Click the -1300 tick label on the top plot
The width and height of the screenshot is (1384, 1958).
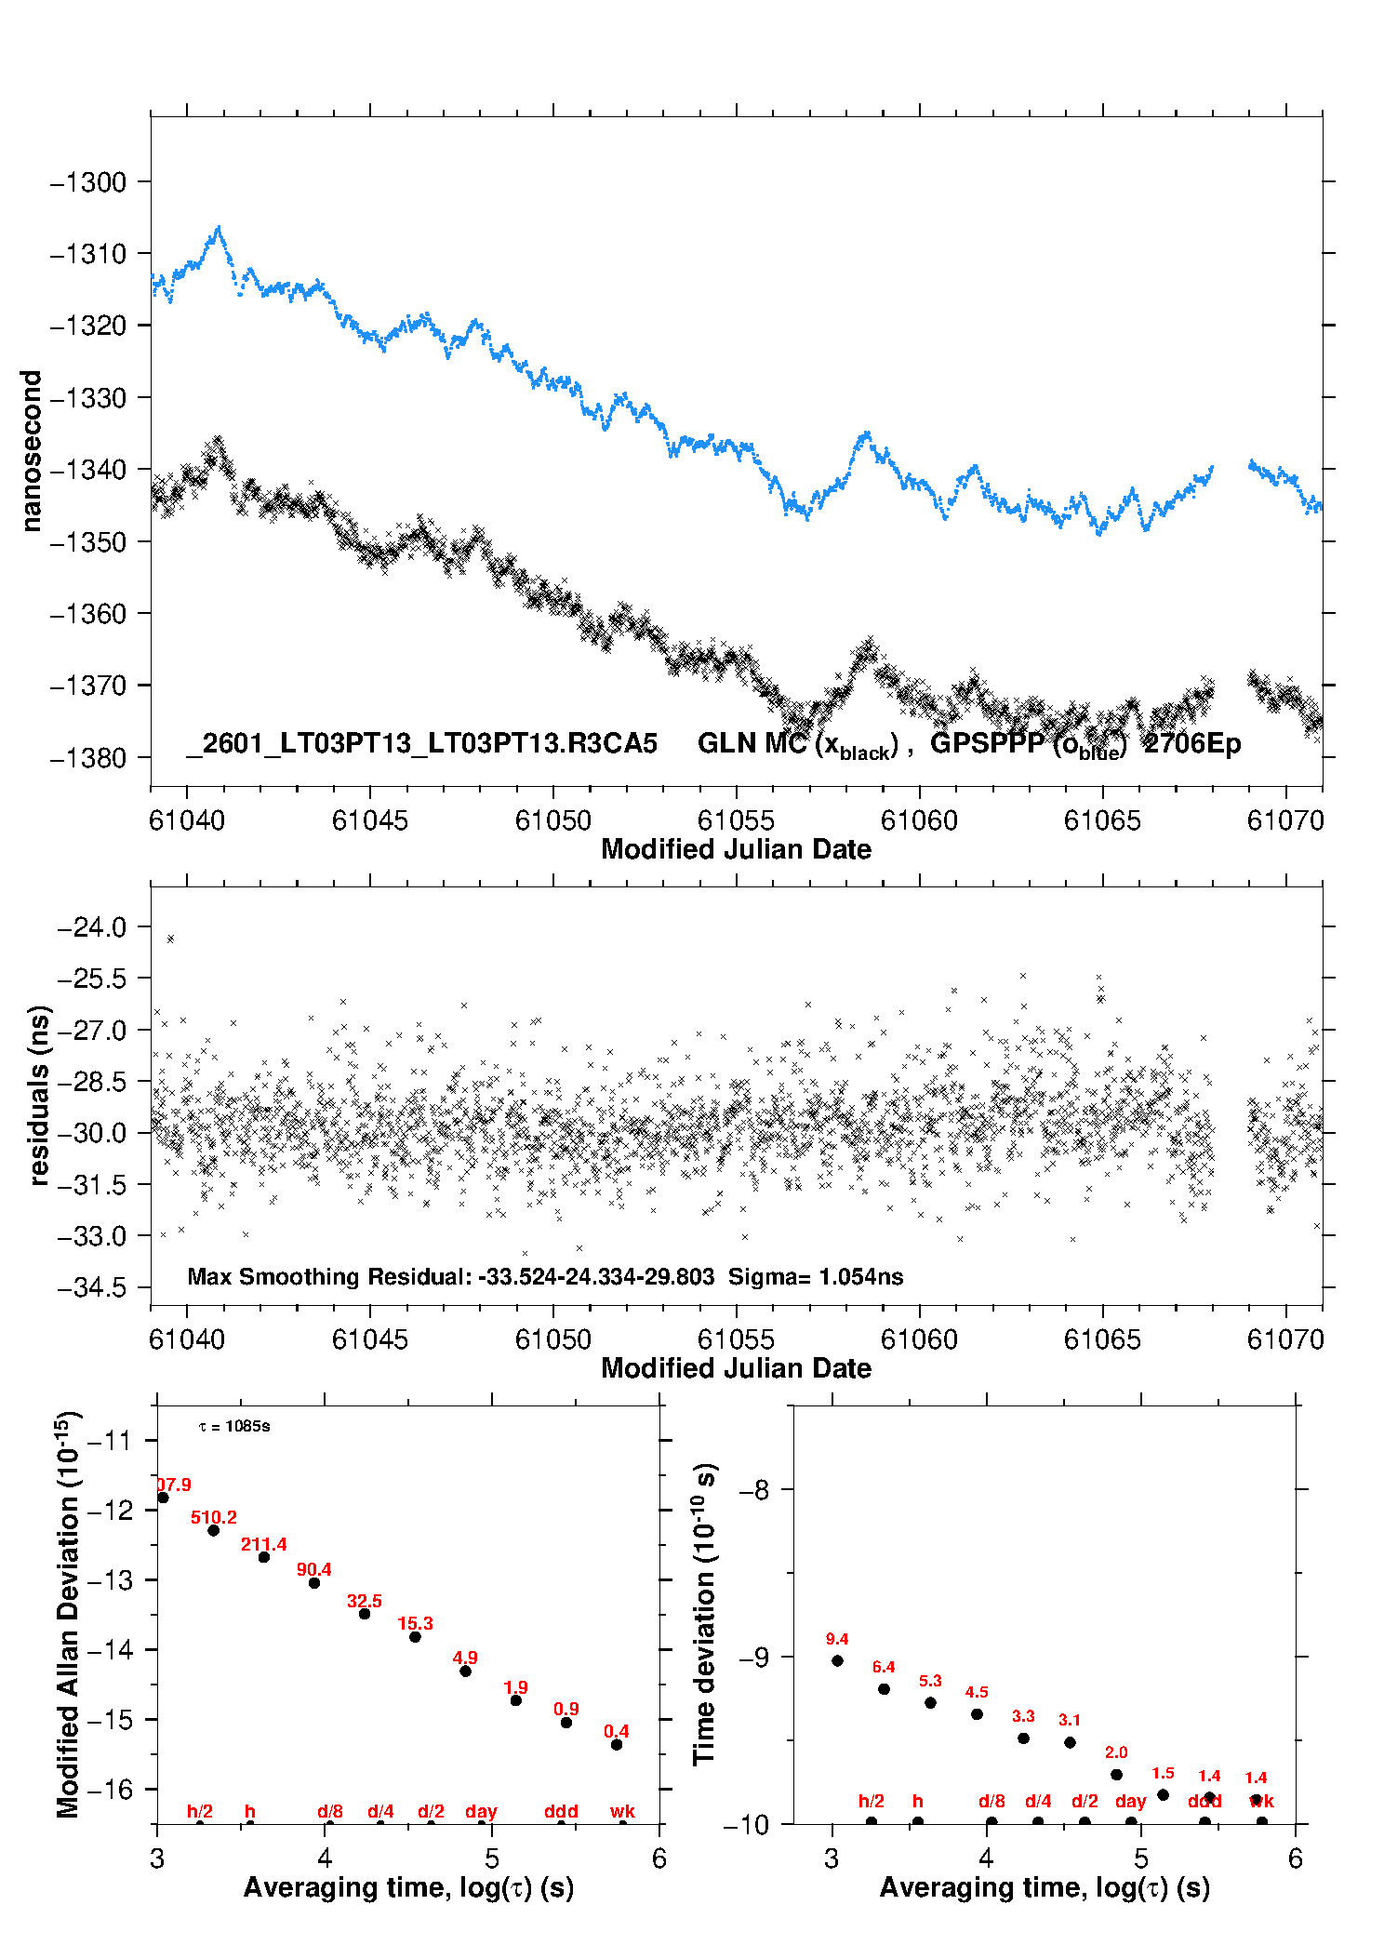88,182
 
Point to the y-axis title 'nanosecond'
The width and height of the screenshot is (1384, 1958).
31,451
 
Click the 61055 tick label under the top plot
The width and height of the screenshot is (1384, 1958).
736,820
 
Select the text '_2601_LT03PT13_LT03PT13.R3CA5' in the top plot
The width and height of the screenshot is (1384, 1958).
421,744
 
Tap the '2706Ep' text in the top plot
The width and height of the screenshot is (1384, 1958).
1192,744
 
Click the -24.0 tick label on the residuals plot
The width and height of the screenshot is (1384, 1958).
91,927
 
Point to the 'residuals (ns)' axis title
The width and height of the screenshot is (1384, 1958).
38,1095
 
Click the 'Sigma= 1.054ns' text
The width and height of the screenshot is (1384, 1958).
815,1276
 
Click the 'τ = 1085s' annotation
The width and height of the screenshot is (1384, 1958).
234,1426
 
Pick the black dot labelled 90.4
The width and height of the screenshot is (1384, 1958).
314,1582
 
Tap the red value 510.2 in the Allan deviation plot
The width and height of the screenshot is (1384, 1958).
214,1517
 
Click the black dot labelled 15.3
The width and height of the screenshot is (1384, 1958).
415,1636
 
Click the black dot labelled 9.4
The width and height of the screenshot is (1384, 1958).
837,1660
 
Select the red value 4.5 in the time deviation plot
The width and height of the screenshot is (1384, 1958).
977,1692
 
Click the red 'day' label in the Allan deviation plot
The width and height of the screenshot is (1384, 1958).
481,1811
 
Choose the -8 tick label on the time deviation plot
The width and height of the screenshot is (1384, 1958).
753,1490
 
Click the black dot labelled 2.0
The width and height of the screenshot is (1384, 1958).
1116,1775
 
